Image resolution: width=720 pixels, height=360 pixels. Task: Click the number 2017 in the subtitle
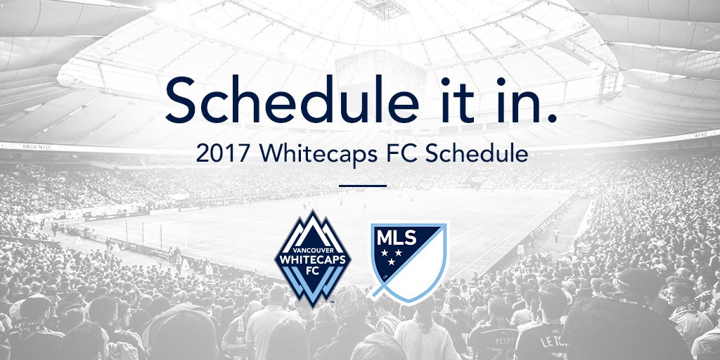[217, 154]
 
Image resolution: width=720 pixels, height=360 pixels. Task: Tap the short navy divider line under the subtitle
[362, 186]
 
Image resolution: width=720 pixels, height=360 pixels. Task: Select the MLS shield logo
[408, 261]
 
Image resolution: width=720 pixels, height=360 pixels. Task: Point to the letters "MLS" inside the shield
[396, 235]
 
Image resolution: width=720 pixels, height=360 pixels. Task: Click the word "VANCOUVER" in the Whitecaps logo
[312, 250]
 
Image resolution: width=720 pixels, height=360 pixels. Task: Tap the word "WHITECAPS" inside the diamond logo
[312, 259]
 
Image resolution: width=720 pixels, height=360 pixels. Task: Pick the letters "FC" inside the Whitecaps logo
[312, 271]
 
